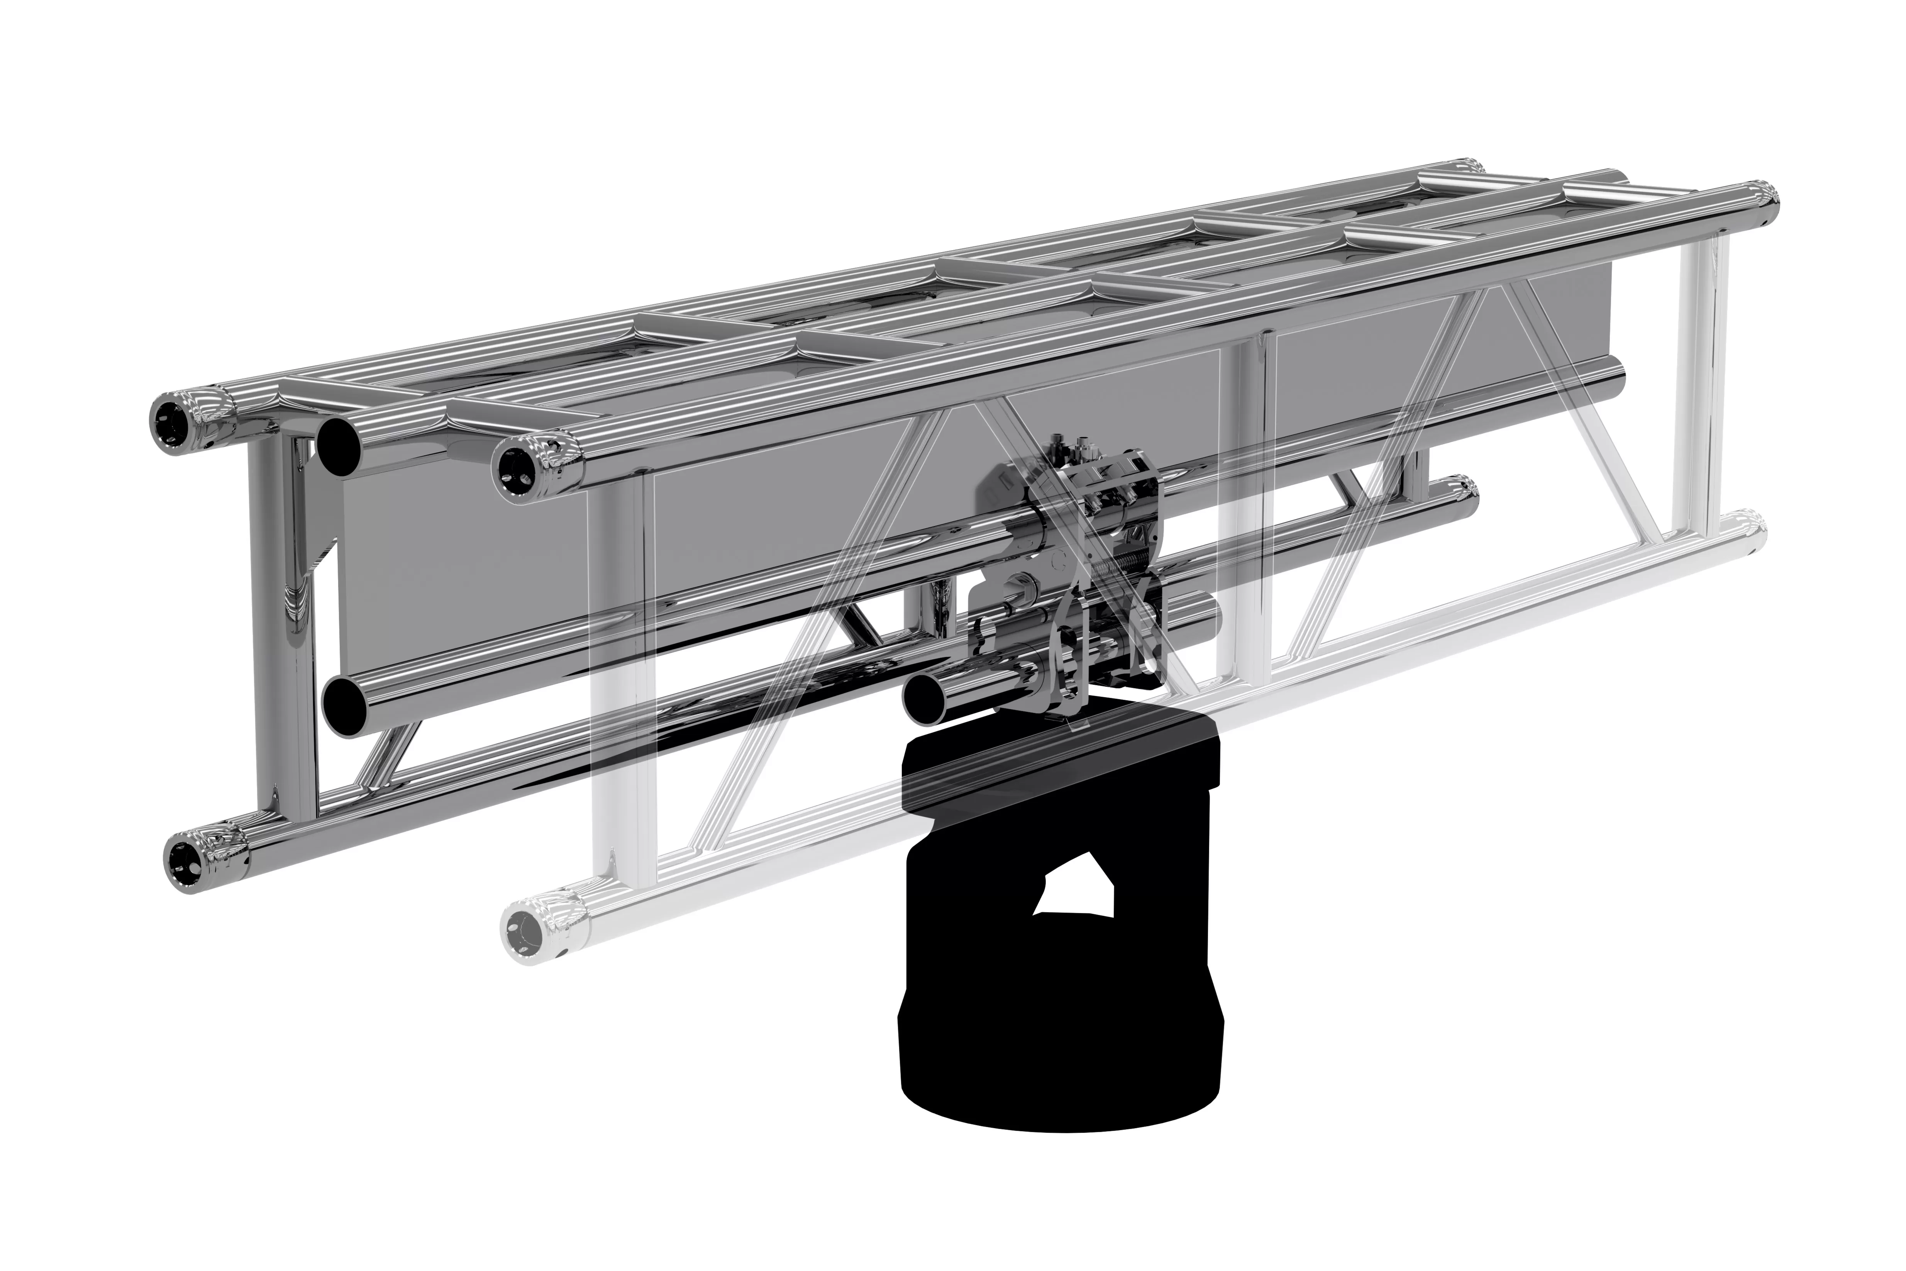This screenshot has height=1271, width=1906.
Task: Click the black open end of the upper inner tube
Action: coord(341,448)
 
